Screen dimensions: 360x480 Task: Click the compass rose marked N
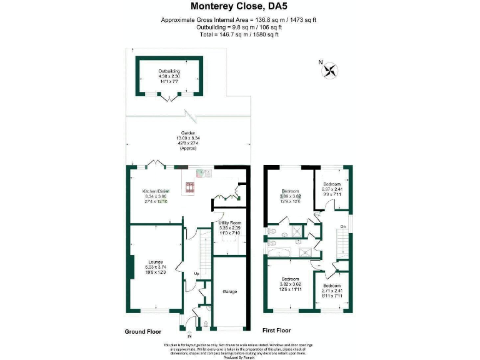329,70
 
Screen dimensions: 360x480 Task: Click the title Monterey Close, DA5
239,8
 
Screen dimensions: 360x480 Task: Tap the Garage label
229,291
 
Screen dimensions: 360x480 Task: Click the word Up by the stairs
196,274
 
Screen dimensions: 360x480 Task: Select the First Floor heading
276,330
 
